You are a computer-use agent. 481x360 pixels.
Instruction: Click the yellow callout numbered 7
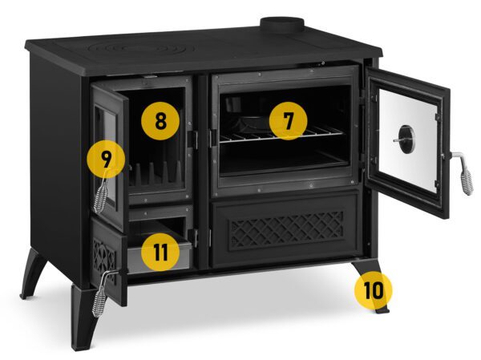pos(288,121)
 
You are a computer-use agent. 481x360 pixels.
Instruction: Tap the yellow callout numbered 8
pos(160,121)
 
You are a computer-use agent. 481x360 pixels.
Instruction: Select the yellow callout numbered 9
pos(106,159)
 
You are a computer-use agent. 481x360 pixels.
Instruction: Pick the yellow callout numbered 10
pos(374,290)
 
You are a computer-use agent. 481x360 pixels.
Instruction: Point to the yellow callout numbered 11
pos(160,252)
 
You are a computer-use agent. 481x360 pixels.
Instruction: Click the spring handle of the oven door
pos(463,173)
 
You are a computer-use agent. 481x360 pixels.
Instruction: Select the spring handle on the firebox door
pos(102,193)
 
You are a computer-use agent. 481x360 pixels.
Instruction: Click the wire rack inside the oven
pos(281,134)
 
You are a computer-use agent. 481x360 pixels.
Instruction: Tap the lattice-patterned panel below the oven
pos(287,229)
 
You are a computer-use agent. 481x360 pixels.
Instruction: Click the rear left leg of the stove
pos(33,273)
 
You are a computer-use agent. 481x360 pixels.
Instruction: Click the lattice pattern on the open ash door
pos(104,259)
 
